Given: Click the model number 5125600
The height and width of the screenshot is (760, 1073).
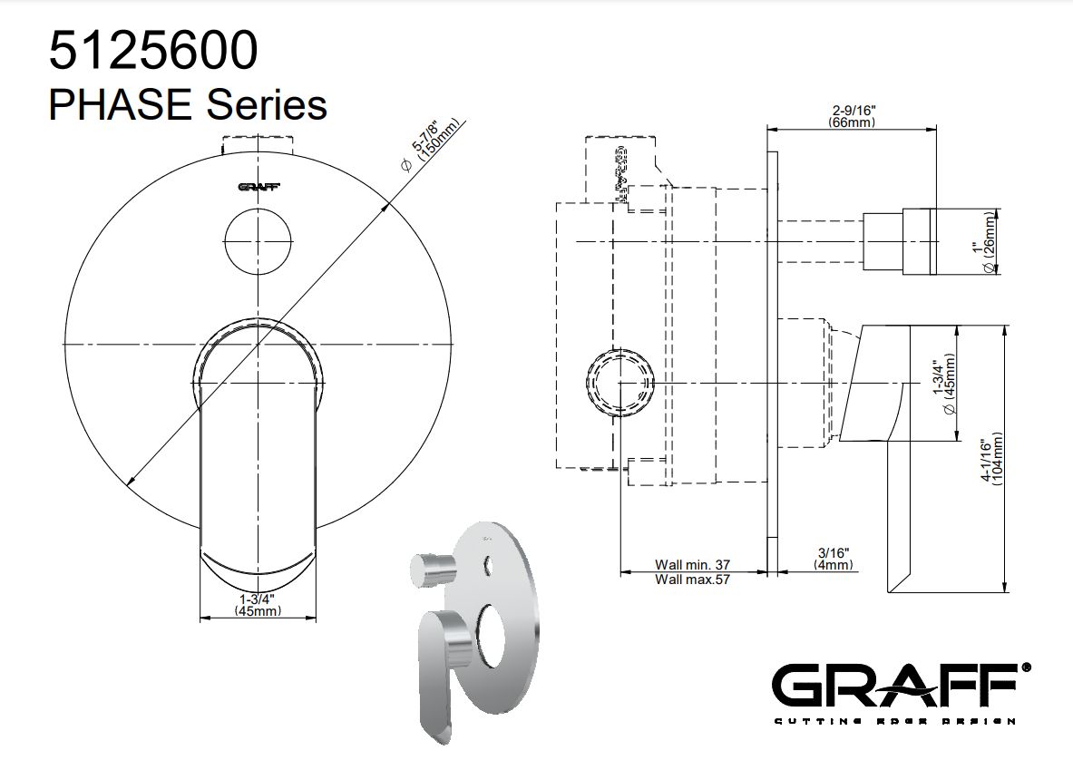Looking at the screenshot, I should coord(152,52).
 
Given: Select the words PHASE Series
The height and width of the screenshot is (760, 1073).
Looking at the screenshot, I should coord(187,104).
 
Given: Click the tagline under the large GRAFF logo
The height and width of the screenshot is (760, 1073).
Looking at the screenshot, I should coord(893,722).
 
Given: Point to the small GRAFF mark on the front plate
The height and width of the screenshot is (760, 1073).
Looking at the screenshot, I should coord(258,187).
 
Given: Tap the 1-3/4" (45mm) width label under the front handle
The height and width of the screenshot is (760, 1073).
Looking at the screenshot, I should coord(258,605).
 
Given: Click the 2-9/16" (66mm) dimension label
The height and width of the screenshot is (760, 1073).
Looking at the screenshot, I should coord(852,115).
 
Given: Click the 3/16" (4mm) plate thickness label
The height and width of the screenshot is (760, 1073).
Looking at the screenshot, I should coord(833,558).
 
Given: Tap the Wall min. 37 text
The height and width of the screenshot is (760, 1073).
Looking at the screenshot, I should coord(692,564).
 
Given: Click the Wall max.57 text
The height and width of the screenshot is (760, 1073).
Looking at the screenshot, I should coord(692,580).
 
